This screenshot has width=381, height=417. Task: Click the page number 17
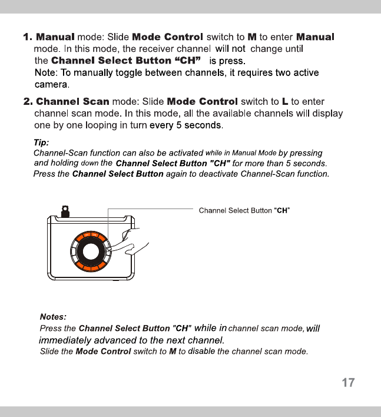pyautogui.click(x=348, y=383)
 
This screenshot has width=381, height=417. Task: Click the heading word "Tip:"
pyautogui.click(x=41, y=142)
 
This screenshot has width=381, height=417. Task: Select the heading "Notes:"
pyautogui.click(x=53, y=316)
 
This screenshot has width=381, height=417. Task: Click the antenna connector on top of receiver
pyautogui.click(x=65, y=210)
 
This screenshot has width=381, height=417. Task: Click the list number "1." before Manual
pyautogui.click(x=28, y=37)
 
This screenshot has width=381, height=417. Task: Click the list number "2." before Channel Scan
pyautogui.click(x=28, y=102)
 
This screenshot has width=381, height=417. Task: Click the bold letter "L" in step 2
pyautogui.click(x=284, y=102)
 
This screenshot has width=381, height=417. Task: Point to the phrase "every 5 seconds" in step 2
pyautogui.click(x=186, y=125)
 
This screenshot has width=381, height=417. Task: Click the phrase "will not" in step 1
pyautogui.click(x=230, y=49)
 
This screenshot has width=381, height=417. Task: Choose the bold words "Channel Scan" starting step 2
pyautogui.click(x=72, y=102)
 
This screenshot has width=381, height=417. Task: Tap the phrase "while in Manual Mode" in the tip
pyautogui.click(x=241, y=153)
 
